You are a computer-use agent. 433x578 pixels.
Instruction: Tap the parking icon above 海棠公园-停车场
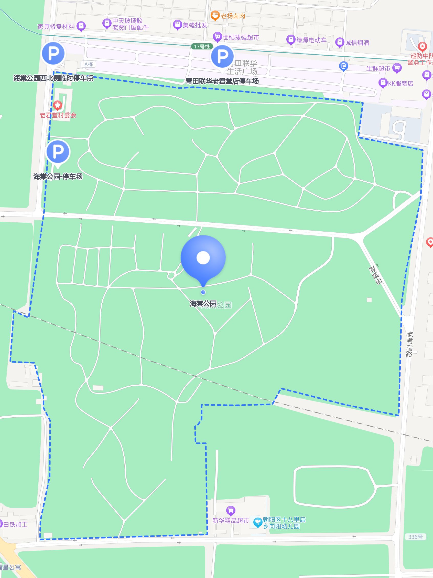point(58,152)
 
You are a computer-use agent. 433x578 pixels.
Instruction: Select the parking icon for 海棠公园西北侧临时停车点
point(53,53)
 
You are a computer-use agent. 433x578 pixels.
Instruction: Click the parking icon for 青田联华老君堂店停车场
point(222,56)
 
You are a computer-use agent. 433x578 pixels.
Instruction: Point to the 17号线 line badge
point(202,47)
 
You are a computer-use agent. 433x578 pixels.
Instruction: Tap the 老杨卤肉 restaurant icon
point(215,16)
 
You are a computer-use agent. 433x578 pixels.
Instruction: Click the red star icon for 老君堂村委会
point(58,105)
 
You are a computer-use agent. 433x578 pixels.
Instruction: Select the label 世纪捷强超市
point(241,37)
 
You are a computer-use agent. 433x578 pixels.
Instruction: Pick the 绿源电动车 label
point(311,40)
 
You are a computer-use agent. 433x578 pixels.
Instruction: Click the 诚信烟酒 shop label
point(357,43)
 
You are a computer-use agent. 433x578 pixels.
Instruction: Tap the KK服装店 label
point(400,84)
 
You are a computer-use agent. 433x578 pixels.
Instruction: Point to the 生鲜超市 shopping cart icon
point(397,68)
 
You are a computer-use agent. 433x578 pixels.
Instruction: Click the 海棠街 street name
point(376,275)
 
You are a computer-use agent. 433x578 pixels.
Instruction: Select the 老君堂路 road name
point(409,344)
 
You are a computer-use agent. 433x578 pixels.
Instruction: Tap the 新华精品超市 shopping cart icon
point(231,510)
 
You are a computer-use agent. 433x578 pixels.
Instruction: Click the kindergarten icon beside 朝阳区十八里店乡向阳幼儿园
point(258,522)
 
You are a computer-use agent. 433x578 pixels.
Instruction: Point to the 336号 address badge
point(415,537)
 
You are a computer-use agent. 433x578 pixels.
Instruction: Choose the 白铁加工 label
point(15,524)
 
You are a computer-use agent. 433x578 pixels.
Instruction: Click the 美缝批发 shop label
point(195,25)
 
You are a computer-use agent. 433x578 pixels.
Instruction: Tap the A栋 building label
point(89,64)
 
